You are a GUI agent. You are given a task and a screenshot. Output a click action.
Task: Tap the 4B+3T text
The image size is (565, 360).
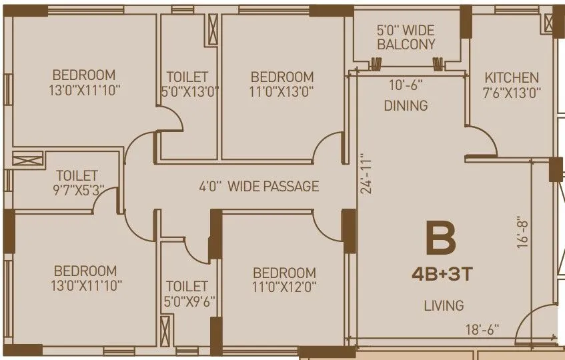[x=441, y=274]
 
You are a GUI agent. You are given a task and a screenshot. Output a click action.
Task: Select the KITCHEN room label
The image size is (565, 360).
[x=512, y=77]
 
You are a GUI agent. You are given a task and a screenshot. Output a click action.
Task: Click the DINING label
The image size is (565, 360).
[x=406, y=105]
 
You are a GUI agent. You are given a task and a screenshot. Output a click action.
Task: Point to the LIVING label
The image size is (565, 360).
[x=444, y=306]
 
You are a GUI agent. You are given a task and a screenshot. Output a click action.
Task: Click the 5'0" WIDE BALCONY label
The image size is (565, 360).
[x=406, y=38]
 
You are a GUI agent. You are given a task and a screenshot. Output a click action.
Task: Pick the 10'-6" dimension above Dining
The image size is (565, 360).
[x=406, y=85]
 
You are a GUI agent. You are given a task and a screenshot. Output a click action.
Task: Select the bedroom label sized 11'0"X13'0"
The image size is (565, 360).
[x=282, y=84]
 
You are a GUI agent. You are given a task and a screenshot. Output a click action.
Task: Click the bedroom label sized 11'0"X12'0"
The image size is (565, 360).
[x=284, y=280]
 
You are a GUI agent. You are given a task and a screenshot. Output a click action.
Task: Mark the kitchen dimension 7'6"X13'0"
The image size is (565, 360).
[x=512, y=92]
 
